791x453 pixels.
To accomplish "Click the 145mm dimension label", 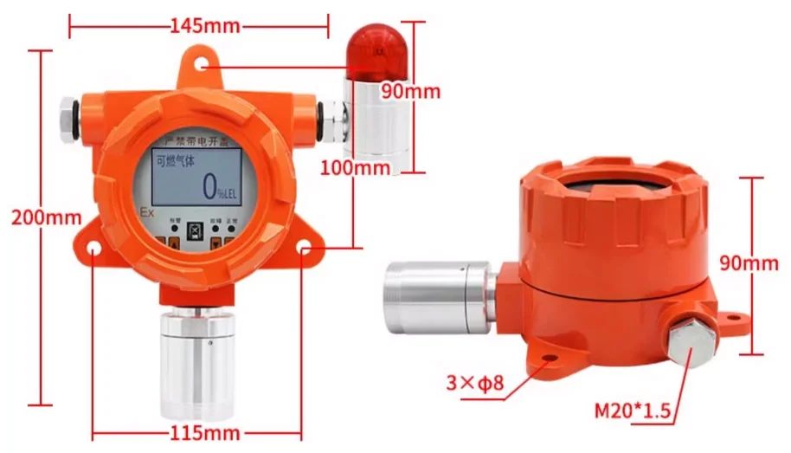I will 204,26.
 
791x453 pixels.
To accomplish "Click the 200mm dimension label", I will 46,217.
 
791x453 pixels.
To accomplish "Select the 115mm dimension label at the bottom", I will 204,431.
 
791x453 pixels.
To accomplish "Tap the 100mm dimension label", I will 355,168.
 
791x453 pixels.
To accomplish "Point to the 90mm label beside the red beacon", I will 410,91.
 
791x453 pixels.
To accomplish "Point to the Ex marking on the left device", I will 146,211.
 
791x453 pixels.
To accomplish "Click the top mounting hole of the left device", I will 202,64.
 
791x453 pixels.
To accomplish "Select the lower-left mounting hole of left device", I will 93,249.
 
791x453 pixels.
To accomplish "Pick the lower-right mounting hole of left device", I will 304,249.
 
